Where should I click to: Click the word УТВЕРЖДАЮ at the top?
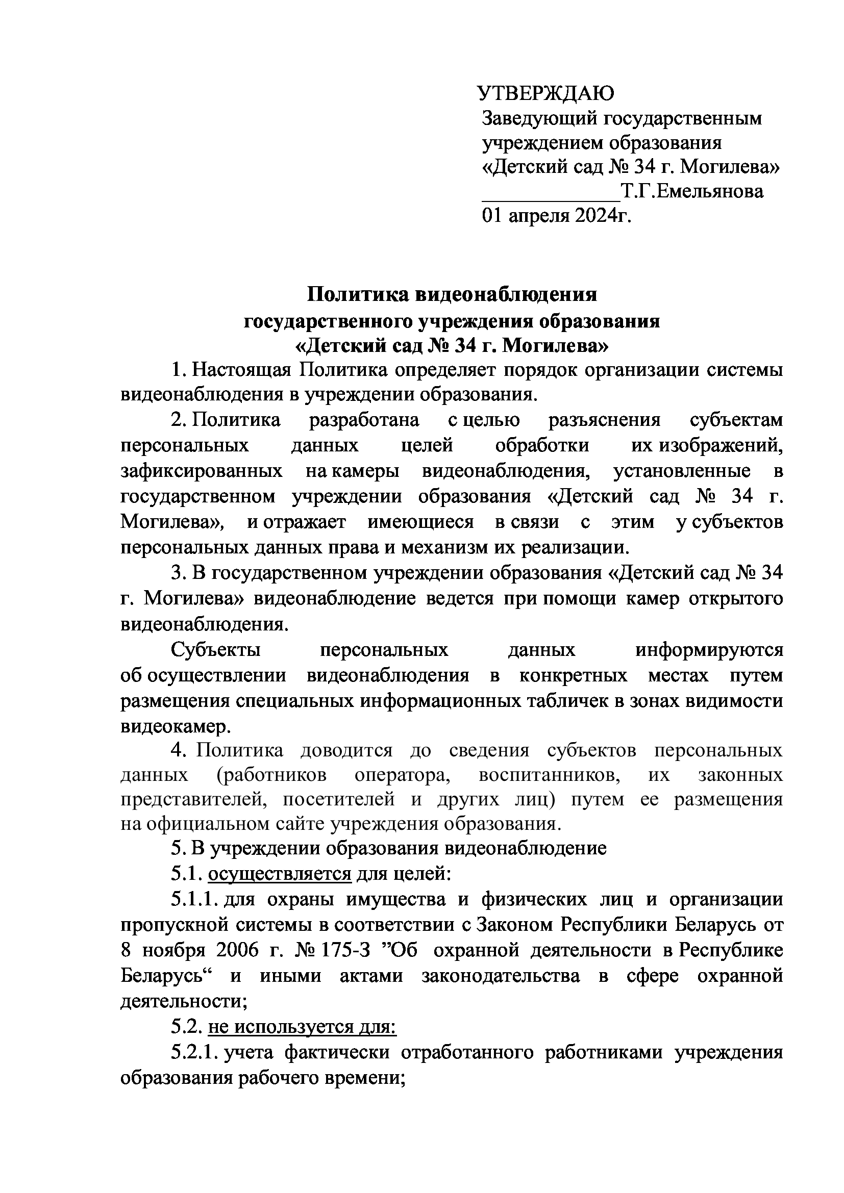pos(545,93)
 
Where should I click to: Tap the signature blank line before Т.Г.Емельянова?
pos(552,197)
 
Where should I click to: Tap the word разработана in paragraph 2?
pos(364,420)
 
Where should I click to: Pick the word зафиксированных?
pos(202,471)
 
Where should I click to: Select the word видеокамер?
pos(176,726)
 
